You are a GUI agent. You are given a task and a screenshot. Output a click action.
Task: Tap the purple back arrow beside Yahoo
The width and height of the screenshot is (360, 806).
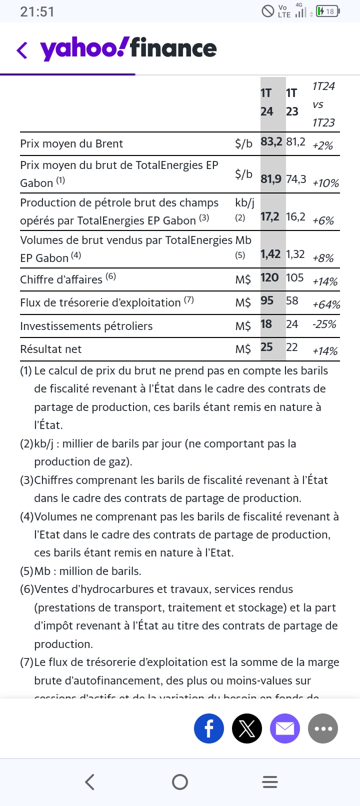(22, 50)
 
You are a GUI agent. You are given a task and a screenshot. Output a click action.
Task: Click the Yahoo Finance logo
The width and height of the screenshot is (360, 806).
(128, 49)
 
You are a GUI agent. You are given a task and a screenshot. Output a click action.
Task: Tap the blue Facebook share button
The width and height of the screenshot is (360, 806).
(209, 728)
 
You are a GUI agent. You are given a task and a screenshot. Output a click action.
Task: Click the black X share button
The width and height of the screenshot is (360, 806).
(247, 728)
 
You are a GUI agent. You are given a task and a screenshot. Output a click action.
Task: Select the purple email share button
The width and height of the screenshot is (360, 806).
(285, 728)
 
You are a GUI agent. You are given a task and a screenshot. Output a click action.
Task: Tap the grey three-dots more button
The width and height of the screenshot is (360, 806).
(323, 728)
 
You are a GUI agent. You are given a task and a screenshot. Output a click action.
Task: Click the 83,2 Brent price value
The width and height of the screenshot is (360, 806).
(271, 142)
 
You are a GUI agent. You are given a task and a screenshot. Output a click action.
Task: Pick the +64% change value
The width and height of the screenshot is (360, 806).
(326, 304)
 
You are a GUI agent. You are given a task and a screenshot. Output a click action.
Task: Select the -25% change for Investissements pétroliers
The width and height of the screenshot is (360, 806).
(324, 324)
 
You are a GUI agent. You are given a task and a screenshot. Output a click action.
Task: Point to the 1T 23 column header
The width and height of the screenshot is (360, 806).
(292, 102)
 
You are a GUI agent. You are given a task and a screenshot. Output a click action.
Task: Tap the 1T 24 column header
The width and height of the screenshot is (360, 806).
(267, 102)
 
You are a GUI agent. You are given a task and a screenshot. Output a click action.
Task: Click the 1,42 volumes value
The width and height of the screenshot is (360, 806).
(270, 254)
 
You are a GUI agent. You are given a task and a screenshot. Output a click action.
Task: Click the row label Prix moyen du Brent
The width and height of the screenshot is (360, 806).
(71, 143)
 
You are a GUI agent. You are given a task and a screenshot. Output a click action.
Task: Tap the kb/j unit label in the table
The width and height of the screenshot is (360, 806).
(244, 202)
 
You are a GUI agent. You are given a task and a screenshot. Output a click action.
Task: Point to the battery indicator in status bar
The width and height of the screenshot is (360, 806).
(328, 11)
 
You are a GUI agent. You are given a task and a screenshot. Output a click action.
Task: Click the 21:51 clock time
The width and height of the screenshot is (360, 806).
(37, 11)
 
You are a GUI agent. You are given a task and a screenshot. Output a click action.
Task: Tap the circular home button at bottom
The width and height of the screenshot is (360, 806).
(180, 782)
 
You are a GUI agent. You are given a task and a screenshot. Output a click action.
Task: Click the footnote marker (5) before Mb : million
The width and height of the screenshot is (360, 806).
(26, 571)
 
